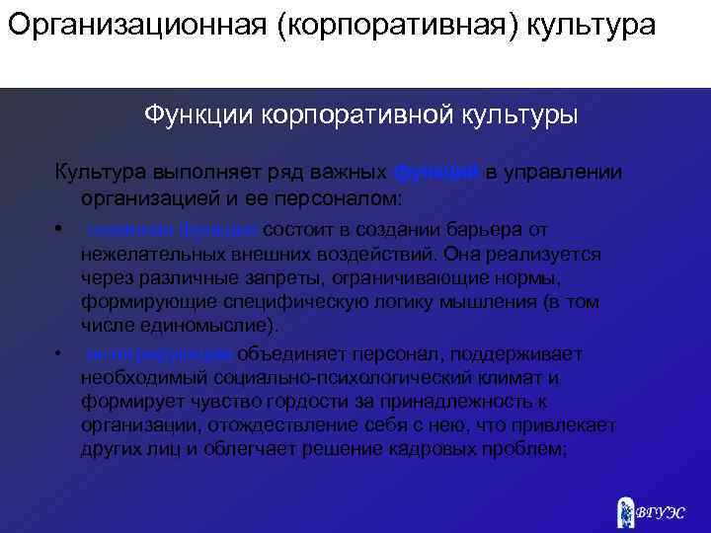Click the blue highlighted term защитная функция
pyautogui.click(x=174, y=230)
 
